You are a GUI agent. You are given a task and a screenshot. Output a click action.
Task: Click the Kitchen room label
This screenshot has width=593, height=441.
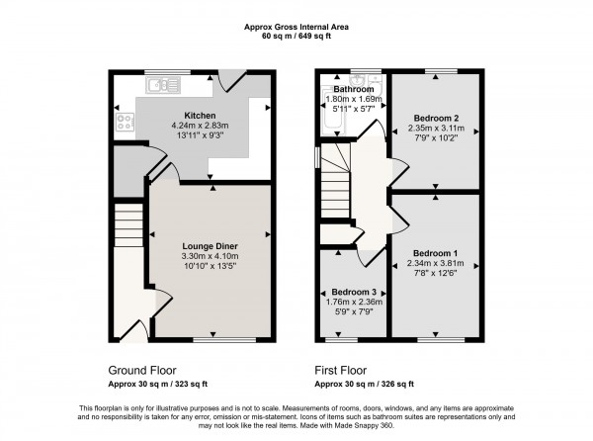pos(201,115)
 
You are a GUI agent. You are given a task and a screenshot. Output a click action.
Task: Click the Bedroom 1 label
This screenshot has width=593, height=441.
pos(436,253)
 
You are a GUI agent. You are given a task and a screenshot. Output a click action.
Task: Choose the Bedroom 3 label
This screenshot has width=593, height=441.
pos(354,293)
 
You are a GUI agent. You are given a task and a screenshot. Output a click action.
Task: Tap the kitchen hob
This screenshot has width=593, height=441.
pos(126,124)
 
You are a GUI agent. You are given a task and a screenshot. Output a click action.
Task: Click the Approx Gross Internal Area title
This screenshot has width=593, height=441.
pos(296,26)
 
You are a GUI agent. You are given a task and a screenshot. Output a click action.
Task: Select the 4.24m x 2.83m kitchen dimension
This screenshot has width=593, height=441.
pos(201,125)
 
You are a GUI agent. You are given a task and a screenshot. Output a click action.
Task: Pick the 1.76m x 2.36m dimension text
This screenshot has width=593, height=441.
pos(354,303)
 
